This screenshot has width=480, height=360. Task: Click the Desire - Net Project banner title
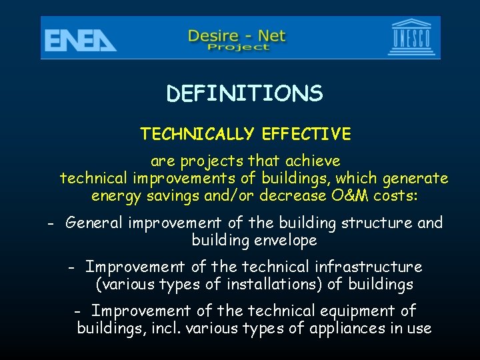[238, 39]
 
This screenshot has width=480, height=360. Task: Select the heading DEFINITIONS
[245, 94]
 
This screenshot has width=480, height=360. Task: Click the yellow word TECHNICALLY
[197, 134]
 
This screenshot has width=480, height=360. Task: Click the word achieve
[313, 161]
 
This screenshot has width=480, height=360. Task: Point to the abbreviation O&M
[346, 196]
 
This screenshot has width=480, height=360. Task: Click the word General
[93, 223]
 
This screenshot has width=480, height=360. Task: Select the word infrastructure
[365, 267]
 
